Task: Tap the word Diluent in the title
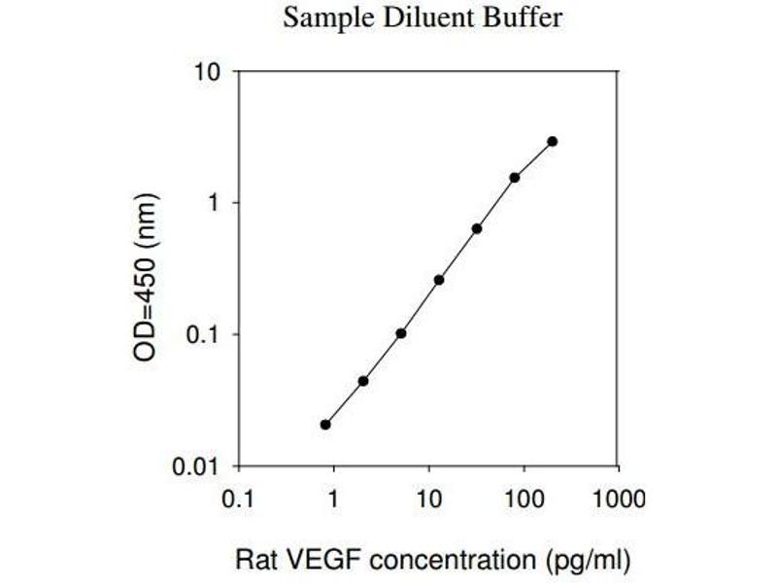[x=418, y=18]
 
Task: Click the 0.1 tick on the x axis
[x=238, y=499]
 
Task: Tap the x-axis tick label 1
[x=333, y=499]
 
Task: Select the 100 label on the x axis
[x=523, y=499]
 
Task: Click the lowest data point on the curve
[x=325, y=425]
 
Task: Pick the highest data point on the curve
[x=553, y=141]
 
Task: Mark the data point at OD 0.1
[x=401, y=333]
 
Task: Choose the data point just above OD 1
[x=515, y=178]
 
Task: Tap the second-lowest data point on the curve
[x=363, y=381]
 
